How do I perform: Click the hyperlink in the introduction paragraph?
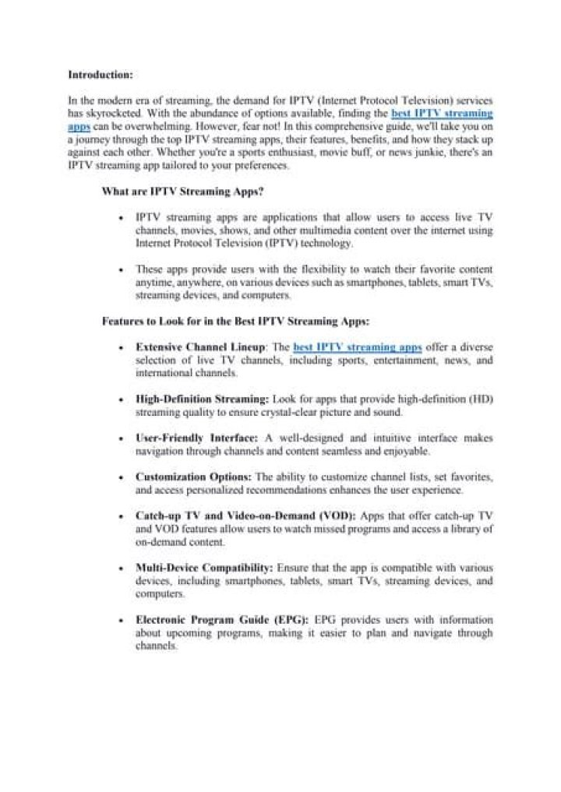click(441, 114)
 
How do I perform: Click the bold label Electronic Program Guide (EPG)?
click(222, 620)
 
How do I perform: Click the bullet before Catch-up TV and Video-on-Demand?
click(119, 516)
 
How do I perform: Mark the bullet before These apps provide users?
click(119, 269)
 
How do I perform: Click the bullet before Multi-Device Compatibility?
click(119, 568)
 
